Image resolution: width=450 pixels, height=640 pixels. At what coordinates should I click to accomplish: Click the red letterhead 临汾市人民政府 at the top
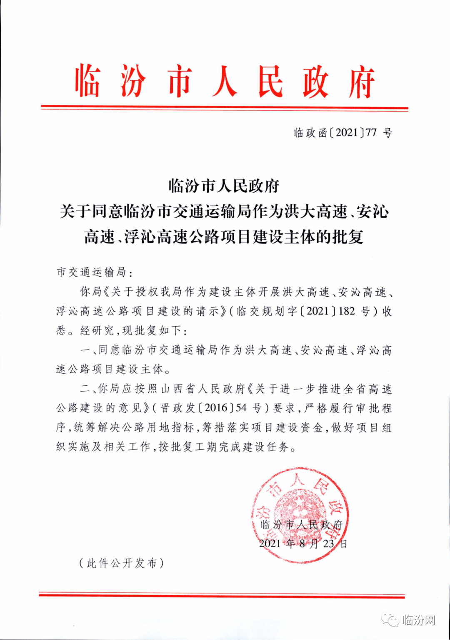(x=225, y=82)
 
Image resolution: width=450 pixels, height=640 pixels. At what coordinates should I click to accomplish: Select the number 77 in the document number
(x=371, y=133)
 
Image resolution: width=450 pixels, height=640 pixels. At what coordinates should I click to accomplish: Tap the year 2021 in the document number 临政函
(x=347, y=133)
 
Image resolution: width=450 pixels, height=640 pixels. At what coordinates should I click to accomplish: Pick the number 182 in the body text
(x=347, y=311)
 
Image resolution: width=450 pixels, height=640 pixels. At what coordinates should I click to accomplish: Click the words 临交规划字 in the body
(x=267, y=311)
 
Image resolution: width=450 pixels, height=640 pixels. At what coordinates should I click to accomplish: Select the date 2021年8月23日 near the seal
(x=303, y=543)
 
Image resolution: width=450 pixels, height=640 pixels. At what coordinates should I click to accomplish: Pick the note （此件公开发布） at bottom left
(x=121, y=563)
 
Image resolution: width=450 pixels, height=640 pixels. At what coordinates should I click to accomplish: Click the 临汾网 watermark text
(x=419, y=620)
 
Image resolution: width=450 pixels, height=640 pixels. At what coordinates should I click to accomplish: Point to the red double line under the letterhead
(x=225, y=108)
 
